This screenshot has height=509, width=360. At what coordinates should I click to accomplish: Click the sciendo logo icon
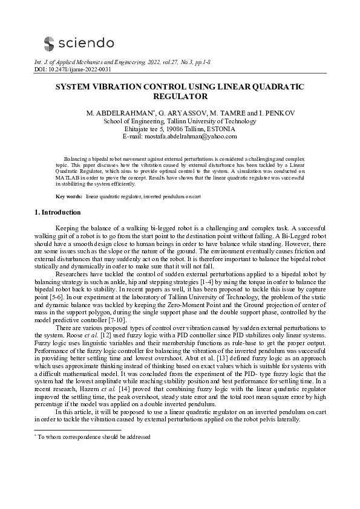(x=49, y=42)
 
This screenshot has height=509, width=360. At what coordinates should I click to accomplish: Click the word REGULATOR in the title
(x=180, y=97)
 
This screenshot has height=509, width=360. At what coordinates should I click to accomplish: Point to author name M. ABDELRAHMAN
(x=116, y=113)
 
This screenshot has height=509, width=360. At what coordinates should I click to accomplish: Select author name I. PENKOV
(x=254, y=113)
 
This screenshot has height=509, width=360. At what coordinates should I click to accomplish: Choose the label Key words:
(x=68, y=197)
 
